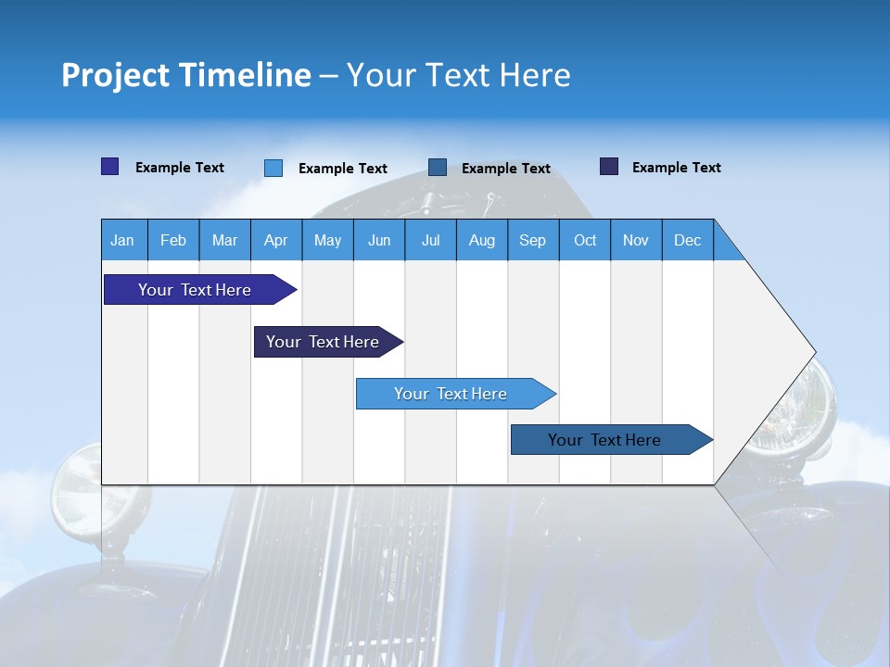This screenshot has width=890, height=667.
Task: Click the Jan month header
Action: [x=122, y=240]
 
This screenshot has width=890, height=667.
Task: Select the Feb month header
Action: [x=173, y=240]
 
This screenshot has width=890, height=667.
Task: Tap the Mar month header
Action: [x=224, y=240]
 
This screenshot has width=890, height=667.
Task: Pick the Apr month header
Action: [x=276, y=240]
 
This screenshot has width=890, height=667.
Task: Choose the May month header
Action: [x=327, y=240]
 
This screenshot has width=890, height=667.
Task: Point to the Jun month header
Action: [x=379, y=240]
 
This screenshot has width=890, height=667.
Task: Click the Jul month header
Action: [x=430, y=240]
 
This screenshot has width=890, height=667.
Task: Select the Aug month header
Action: [x=482, y=240]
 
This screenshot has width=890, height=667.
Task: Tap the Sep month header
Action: [x=533, y=240]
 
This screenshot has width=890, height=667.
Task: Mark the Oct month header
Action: [x=585, y=240]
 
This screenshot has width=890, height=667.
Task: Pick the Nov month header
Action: [x=636, y=240]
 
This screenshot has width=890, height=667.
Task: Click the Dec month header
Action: [x=688, y=240]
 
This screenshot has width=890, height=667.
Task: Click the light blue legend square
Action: [x=273, y=168]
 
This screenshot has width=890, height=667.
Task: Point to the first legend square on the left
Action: [x=109, y=167]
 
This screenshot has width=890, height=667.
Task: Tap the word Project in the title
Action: [x=114, y=75]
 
